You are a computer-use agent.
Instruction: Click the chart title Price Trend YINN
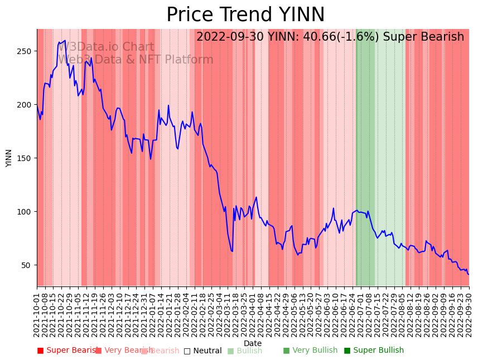[245, 15]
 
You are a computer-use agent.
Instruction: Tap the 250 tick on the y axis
[25, 51]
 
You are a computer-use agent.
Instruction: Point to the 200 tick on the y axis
[25, 105]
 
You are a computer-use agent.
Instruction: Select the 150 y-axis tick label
[25, 158]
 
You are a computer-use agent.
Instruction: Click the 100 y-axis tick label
[25, 212]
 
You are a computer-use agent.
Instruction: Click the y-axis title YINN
[9, 158]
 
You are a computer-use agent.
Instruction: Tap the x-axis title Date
[253, 344]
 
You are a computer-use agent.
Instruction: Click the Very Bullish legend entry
[315, 351]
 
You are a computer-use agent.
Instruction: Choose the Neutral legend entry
[207, 351]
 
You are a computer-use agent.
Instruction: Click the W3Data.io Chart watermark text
[106, 47]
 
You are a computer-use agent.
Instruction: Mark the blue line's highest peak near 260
[65, 41]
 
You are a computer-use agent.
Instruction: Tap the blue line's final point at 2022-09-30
[469, 274]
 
